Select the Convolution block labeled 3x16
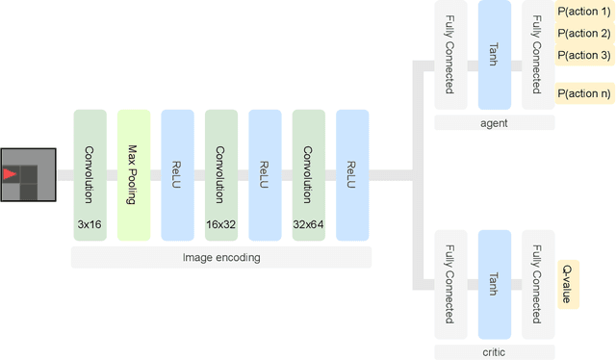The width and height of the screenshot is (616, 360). [89, 175]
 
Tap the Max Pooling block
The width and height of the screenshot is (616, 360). [133, 175]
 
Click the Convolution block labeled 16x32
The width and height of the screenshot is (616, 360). [220, 175]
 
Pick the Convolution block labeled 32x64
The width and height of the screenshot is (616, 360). [308, 175]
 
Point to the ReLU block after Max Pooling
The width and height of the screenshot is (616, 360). [177, 175]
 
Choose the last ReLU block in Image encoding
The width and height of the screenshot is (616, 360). [351, 175]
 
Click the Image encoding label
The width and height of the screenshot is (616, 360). [220, 257]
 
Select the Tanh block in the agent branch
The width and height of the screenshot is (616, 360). [494, 55]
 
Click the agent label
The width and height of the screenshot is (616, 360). [494, 123]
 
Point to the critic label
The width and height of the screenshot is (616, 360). [494, 352]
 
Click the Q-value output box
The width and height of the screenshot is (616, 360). [568, 284]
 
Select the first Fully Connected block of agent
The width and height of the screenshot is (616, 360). [449, 55]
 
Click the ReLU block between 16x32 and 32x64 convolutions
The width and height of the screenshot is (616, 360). [265, 175]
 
